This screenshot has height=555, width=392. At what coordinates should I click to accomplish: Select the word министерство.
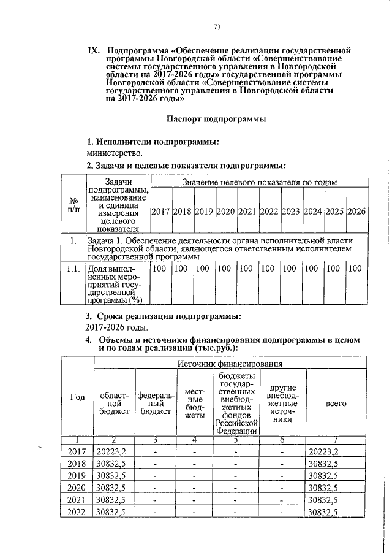click(115, 153)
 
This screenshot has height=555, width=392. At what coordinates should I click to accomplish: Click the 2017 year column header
click(160, 211)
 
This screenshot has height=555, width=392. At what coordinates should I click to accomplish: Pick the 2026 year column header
click(356, 211)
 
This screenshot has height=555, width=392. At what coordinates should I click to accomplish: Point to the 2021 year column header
click(247, 211)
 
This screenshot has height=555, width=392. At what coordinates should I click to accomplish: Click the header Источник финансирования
click(230, 364)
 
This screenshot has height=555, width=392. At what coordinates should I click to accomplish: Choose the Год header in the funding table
click(77, 397)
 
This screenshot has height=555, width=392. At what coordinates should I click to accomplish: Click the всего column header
click(336, 403)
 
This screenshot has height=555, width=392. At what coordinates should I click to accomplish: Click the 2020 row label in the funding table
click(77, 488)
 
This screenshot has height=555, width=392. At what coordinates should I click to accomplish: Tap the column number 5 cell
click(236, 439)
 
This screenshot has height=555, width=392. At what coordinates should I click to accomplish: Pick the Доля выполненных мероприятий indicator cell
click(115, 284)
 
